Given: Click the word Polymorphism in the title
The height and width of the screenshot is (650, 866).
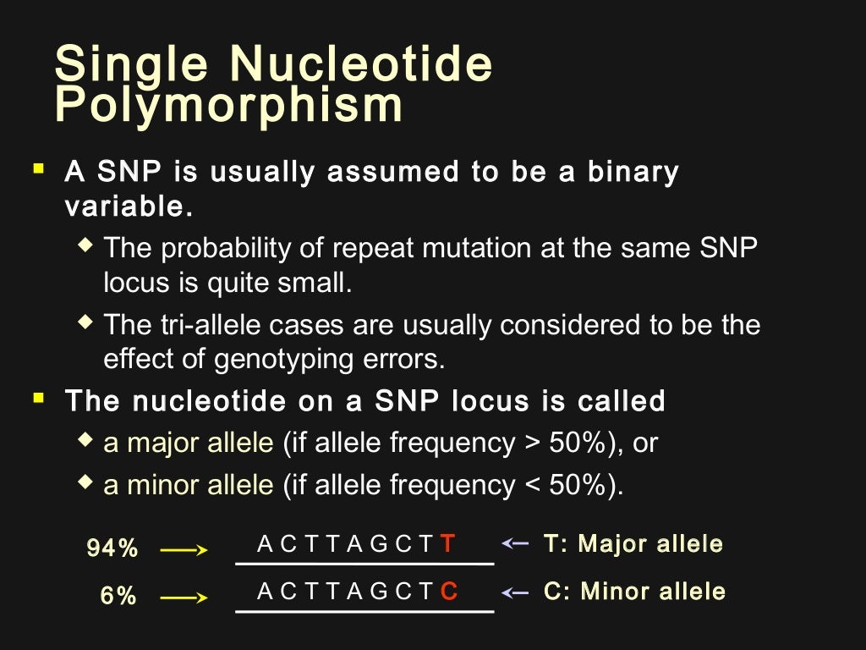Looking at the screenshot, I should tap(228, 105).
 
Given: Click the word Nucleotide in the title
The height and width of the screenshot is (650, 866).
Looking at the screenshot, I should tap(361, 63).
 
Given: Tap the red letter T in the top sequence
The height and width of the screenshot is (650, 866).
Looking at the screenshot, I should tap(448, 544).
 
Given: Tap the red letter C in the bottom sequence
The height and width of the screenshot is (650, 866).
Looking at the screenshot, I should tap(449, 592).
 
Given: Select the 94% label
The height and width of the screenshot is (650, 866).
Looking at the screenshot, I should tap(112, 548).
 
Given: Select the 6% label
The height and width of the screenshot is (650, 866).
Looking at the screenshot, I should tap(118, 596).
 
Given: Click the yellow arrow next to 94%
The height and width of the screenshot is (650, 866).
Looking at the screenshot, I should tap(184, 550).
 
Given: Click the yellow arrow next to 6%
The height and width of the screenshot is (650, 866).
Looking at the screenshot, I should tap(184, 598).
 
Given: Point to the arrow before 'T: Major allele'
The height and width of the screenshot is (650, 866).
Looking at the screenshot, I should tap(515, 543).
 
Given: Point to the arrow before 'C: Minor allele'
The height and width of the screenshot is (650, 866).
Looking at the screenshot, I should tap(515, 591).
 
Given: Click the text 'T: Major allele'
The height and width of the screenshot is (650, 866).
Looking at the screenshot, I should tap(633, 543).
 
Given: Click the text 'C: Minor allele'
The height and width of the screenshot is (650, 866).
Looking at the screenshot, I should tap(634, 591).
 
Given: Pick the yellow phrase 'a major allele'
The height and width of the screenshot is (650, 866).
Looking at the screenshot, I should tap(189, 443).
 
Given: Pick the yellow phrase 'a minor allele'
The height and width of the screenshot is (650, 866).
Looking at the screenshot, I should tap(189, 485).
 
